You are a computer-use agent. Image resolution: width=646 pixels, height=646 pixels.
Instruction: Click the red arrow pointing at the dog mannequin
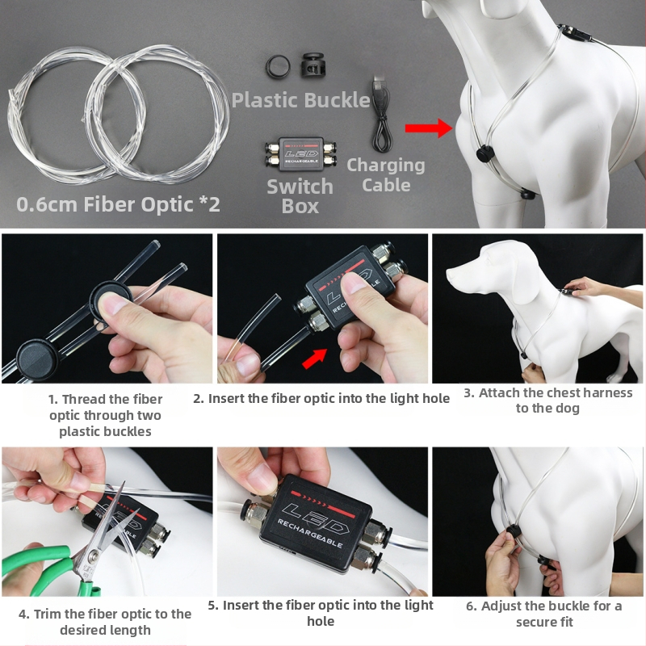coord(427,128)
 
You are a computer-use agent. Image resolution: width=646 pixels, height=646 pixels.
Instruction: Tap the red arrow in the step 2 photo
coord(314,358)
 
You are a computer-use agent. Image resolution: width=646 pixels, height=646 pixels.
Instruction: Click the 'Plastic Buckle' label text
coord(300,101)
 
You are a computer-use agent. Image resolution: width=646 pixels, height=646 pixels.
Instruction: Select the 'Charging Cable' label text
coord(385,174)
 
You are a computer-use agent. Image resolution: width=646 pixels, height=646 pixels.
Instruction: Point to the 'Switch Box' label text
coord(300,196)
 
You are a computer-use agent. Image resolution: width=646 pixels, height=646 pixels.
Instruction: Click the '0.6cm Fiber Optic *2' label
coord(119,203)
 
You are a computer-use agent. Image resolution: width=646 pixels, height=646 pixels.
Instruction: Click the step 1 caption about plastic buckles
coord(105,415)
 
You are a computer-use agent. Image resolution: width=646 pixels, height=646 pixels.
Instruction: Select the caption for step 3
coord(547,401)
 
